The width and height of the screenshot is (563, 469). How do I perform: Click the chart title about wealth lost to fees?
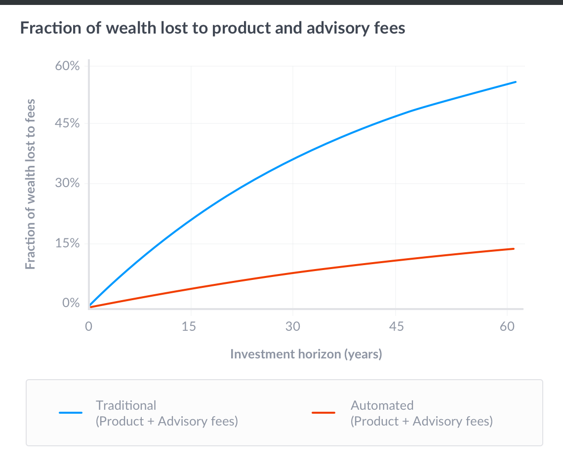(x=212, y=28)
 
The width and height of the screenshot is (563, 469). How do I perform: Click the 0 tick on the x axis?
(x=89, y=326)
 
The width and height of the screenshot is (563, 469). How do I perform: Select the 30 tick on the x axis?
(x=293, y=326)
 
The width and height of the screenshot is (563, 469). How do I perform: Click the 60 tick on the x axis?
(x=507, y=326)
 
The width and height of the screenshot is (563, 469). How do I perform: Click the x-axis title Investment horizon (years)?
(x=306, y=354)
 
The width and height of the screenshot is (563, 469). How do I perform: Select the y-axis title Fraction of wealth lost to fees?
(x=31, y=184)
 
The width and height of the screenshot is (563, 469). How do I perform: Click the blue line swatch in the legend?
(x=71, y=413)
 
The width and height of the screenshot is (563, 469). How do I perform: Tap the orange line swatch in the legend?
(x=324, y=413)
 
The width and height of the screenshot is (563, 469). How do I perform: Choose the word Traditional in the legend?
(x=126, y=405)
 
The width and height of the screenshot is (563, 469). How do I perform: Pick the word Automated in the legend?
(x=382, y=405)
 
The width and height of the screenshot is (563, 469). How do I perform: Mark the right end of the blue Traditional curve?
(x=516, y=82)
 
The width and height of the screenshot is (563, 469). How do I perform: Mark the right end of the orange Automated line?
(x=514, y=249)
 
